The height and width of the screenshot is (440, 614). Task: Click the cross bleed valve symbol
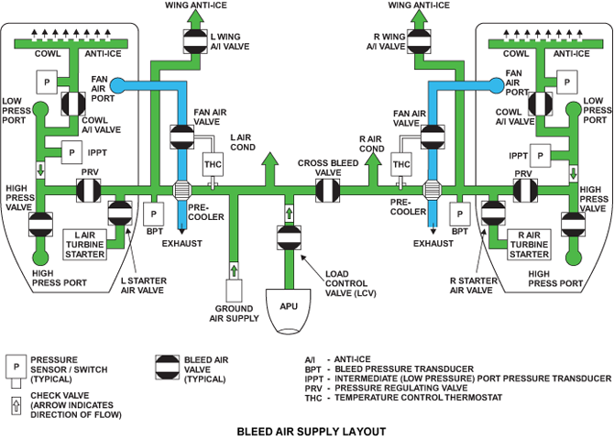(x=326, y=191)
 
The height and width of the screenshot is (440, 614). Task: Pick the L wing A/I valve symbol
(x=195, y=40)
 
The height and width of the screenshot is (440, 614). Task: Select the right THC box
(x=402, y=164)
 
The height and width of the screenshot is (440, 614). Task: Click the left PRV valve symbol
(x=87, y=191)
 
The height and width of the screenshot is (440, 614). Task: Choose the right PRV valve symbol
(x=525, y=191)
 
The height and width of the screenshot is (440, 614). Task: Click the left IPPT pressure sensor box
(x=71, y=150)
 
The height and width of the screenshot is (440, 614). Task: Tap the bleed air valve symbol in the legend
(x=170, y=366)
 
